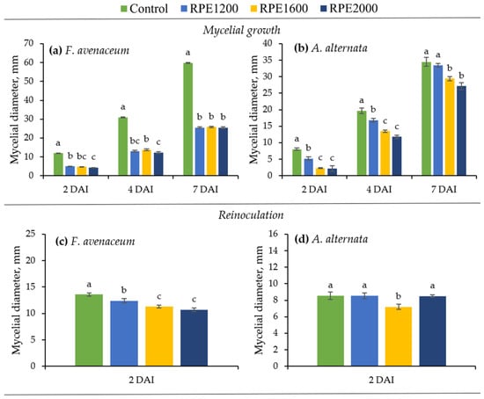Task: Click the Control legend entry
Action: tap(143, 8)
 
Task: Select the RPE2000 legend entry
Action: tap(348, 8)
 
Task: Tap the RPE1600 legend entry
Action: tap(279, 8)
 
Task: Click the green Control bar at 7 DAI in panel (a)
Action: tap(188, 119)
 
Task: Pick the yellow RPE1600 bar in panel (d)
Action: tap(399, 337)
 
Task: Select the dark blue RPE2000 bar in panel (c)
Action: tap(194, 338)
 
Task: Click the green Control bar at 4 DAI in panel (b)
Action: tap(362, 143)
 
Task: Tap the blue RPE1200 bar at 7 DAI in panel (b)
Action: tap(438, 120)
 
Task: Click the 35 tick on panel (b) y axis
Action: tap(268, 60)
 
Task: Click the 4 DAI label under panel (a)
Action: tap(141, 189)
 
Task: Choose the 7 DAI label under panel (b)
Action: tap(444, 189)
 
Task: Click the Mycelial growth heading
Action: tap(242, 30)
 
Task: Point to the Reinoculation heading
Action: tap(251, 215)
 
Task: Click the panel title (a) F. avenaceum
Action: tap(89, 50)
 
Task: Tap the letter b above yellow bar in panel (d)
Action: tap(399, 296)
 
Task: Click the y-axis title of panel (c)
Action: tap(16, 300)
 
